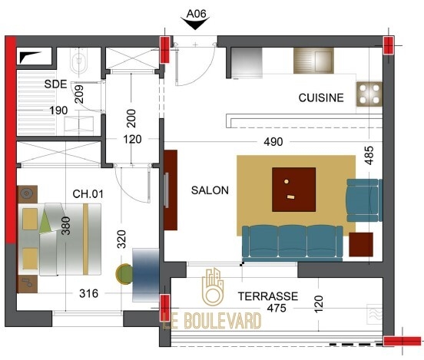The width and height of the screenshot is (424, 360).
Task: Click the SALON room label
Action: point(210,190)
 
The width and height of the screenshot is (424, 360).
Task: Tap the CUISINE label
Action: point(321,97)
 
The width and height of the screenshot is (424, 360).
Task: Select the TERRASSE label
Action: point(268,296)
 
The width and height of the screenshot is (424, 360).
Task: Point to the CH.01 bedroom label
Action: point(88,193)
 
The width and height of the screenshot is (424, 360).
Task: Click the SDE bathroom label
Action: point(55,84)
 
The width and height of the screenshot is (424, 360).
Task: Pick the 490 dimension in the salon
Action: point(273,142)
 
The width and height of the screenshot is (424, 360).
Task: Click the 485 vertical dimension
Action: point(369,155)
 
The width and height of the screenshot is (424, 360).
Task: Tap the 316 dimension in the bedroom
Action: point(88,293)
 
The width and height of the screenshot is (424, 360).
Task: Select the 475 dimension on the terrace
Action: point(277,308)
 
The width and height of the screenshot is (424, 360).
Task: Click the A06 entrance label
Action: point(197,14)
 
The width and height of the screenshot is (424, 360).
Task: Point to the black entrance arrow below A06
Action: point(195,24)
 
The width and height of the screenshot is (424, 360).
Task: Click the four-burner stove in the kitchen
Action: point(369,94)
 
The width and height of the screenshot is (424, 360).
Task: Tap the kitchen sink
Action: point(313,61)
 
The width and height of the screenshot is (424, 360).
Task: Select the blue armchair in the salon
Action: point(364,200)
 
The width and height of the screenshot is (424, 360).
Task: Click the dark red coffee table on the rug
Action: point(293,190)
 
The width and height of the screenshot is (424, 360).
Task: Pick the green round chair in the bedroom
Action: point(124,274)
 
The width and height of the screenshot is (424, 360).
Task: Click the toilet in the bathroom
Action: point(78,61)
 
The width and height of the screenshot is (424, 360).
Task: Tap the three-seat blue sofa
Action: point(293,243)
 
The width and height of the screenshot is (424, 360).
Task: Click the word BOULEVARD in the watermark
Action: point(223,321)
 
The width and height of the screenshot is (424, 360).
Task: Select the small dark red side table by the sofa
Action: point(361,245)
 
